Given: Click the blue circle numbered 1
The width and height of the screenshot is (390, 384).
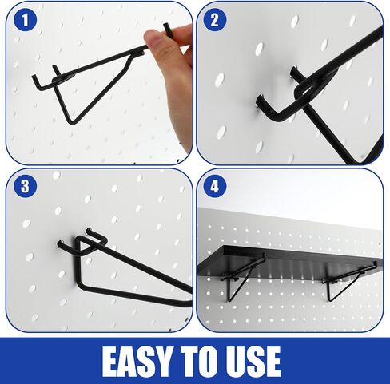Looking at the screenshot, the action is tap(25, 19).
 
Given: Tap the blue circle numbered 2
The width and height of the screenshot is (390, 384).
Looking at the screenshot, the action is tap(215, 19).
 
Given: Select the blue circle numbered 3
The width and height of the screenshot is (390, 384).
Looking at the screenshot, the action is tap(25, 186).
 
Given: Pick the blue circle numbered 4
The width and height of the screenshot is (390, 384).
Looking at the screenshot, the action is tap(215, 186).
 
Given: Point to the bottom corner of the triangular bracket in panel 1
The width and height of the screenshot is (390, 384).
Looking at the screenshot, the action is tap(70, 122).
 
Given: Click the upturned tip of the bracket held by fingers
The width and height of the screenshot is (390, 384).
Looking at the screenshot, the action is tap(166, 26).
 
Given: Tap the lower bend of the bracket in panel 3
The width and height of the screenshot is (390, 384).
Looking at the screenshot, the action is tap(82, 286).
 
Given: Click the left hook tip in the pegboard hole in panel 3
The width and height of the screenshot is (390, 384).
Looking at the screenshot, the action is tap(60, 243).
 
